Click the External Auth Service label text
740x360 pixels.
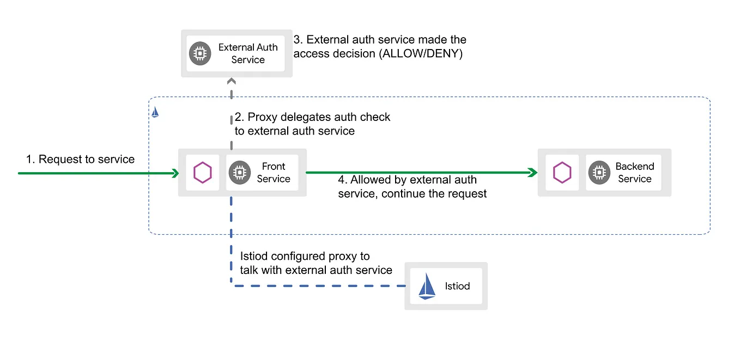(x=248, y=53)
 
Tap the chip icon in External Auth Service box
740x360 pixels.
(x=200, y=53)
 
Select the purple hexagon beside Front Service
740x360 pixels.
(x=203, y=173)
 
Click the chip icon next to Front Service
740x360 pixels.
(x=239, y=173)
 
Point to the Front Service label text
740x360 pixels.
(x=274, y=173)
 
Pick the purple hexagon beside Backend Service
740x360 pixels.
(x=562, y=173)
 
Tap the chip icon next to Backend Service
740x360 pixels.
(x=599, y=173)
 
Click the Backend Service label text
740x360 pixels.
(x=635, y=173)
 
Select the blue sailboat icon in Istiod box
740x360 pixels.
(x=427, y=286)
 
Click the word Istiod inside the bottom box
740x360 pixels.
(x=457, y=286)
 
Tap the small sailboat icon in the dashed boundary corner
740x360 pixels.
(x=155, y=112)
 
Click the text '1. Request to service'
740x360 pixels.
(x=81, y=159)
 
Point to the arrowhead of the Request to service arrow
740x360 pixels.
(x=175, y=173)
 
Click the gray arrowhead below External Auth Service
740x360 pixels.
(x=232, y=82)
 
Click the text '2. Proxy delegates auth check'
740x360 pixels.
(x=312, y=117)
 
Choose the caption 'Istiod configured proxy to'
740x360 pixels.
(x=305, y=256)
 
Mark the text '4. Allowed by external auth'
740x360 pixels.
(x=407, y=180)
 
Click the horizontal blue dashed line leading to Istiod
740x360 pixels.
(x=322, y=285)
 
